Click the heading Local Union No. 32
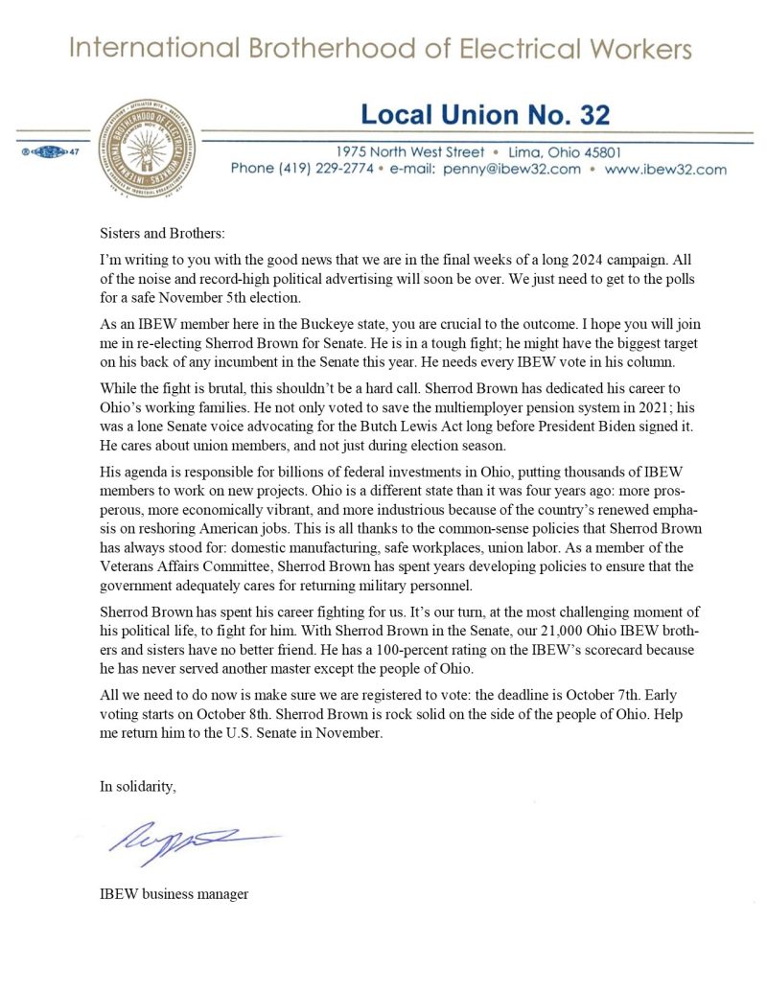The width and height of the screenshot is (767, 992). [x=484, y=116]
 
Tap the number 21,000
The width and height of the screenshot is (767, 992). [x=517, y=633]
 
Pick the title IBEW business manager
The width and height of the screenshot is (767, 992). [x=174, y=893]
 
